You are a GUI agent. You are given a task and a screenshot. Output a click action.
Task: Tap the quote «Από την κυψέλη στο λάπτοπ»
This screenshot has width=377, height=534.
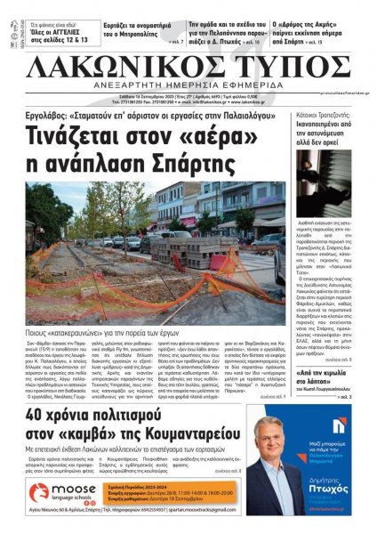pos(332,359)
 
